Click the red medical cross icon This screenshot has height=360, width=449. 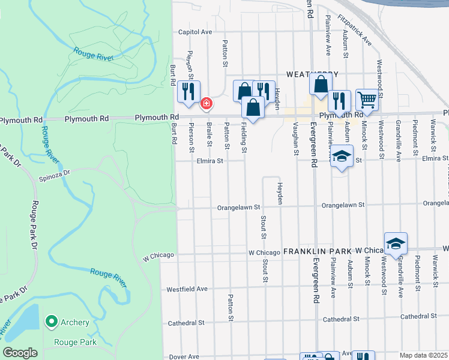[x=206, y=104]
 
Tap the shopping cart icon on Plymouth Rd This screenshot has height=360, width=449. [x=367, y=98]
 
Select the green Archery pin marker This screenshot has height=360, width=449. [x=52, y=322]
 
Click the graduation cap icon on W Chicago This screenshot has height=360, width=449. [x=396, y=243]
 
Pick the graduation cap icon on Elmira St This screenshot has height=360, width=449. [x=341, y=157]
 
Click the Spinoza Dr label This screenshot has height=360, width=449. [x=55, y=172]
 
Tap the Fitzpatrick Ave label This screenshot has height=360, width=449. [x=355, y=30]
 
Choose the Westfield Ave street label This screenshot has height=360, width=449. [x=187, y=289]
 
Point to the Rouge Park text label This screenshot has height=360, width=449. [x=71, y=342]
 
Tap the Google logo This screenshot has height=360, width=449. [x=20, y=353]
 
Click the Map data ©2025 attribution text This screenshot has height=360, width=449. [x=423, y=355]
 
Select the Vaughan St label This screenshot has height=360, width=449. [x=296, y=139]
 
